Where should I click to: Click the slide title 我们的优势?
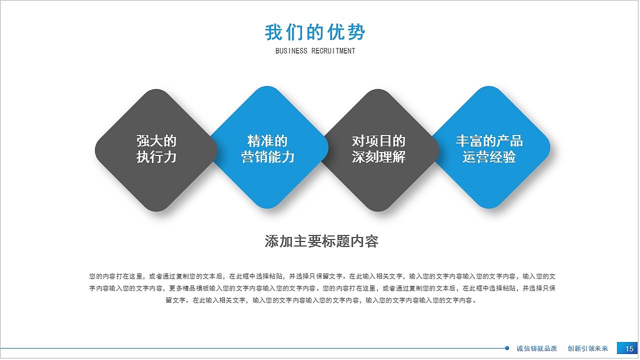pyautogui.click(x=315, y=32)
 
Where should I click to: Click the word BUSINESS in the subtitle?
pyautogui.click(x=291, y=51)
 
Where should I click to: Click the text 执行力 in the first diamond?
pyautogui.click(x=156, y=157)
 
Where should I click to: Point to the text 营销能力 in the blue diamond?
pyautogui.click(x=267, y=157)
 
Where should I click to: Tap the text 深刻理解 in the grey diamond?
pyautogui.click(x=378, y=157)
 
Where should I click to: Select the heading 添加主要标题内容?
pyautogui.click(x=321, y=241)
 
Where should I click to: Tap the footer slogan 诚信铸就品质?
pyautogui.click(x=536, y=348)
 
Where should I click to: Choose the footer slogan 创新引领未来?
pyautogui.click(x=587, y=348)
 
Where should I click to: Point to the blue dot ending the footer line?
pyautogui.click(x=507, y=348)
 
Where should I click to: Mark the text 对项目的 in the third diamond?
pyautogui.click(x=378, y=141)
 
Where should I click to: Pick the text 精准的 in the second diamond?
pyautogui.click(x=267, y=141)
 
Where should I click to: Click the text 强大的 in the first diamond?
pyautogui.click(x=156, y=141)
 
